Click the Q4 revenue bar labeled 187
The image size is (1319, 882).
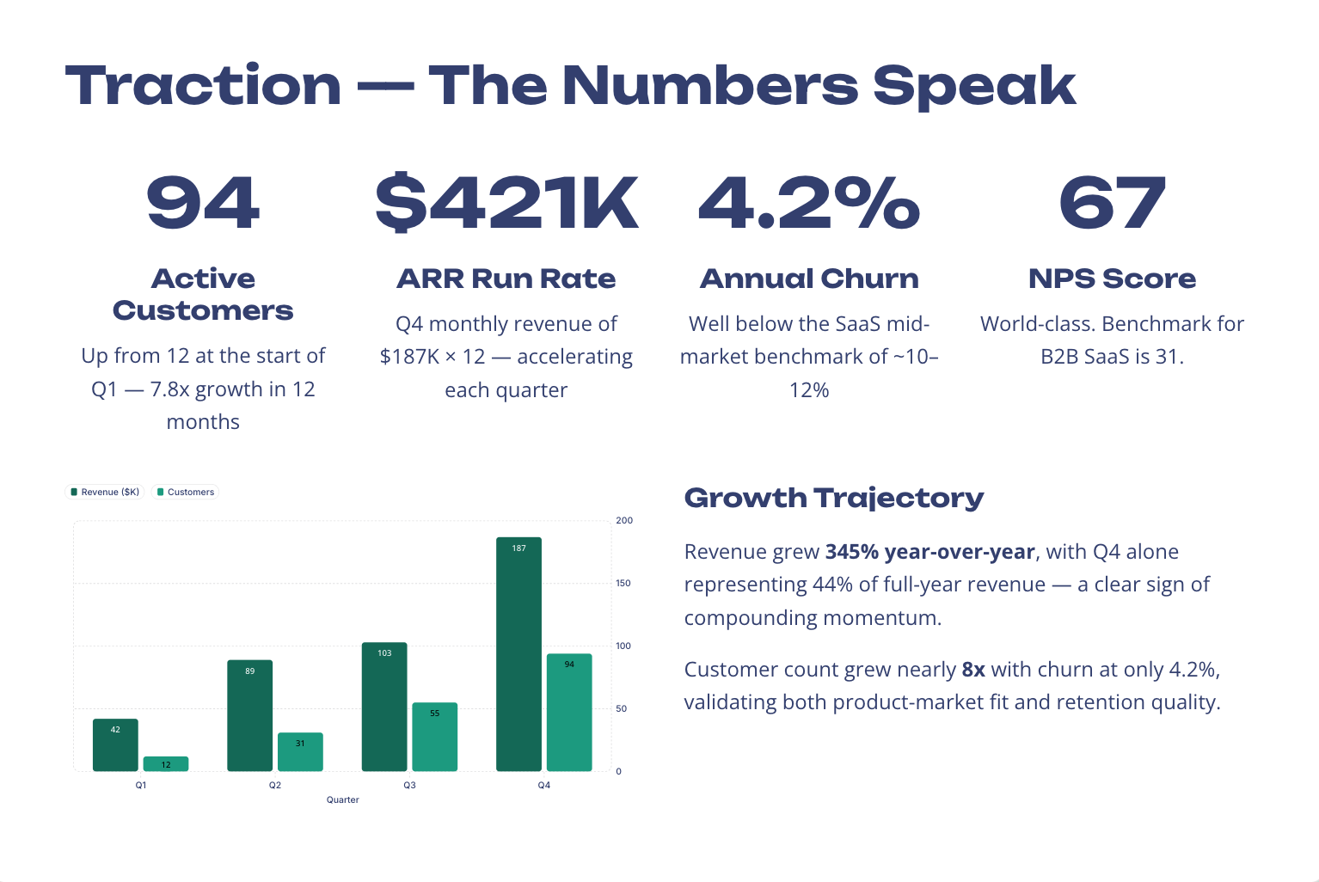tap(518, 653)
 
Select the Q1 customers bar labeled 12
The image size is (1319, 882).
tap(166, 763)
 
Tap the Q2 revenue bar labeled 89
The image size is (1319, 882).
tap(249, 715)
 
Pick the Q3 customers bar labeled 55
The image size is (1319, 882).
tap(434, 737)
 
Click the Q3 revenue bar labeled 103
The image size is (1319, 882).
tap(384, 707)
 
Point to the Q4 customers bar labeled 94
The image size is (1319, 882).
tap(569, 712)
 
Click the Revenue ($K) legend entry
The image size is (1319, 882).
tap(104, 493)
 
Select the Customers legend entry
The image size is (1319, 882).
tap(186, 493)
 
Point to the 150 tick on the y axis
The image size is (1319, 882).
tap(623, 583)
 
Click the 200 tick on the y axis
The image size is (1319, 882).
tap(624, 520)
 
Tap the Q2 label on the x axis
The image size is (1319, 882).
tap(275, 785)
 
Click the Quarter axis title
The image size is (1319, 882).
tap(342, 799)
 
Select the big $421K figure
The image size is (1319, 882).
tap(506, 204)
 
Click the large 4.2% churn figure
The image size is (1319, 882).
tap(809, 204)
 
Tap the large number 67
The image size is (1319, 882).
tap(1112, 204)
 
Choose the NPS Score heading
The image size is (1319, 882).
tap(1112, 279)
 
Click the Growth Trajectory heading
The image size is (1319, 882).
tap(833, 498)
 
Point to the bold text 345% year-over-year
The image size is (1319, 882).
tap(929, 552)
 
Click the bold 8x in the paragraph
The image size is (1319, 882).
tap(973, 670)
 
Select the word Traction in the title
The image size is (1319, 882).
tap(204, 86)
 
